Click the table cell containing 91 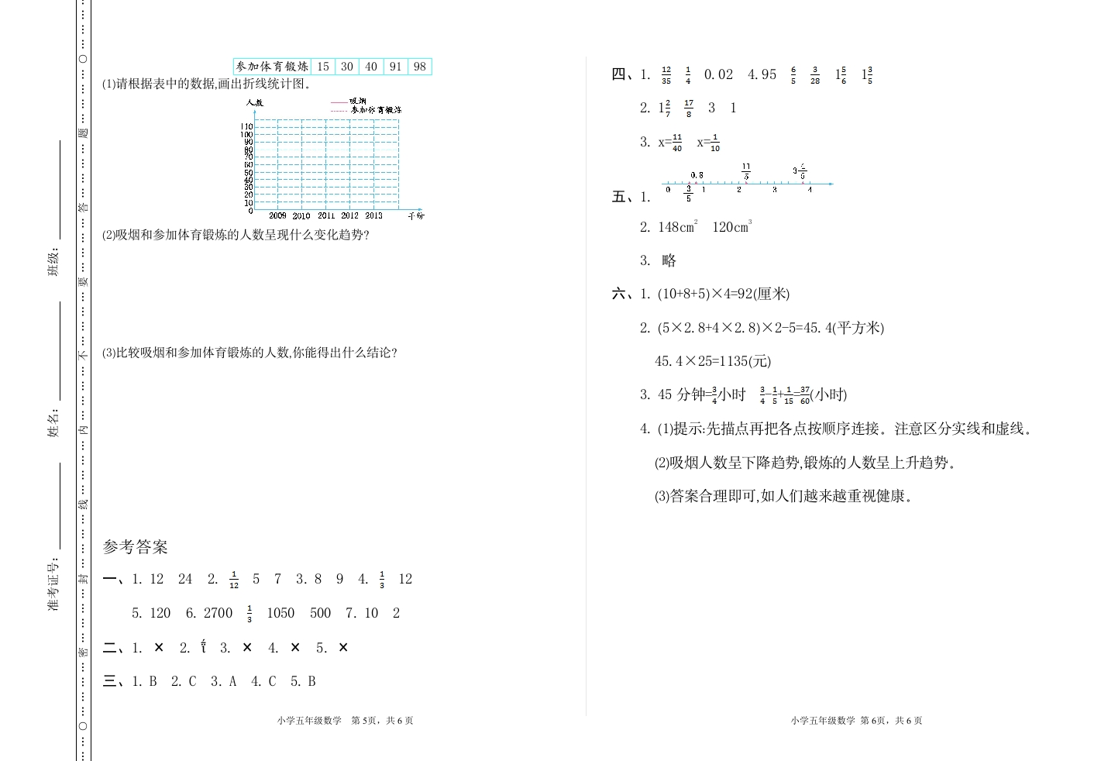[x=395, y=67]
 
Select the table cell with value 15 [x=323, y=67]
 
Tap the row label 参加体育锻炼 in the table [x=272, y=67]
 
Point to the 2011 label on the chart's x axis [x=326, y=215]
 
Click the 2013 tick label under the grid [x=373, y=215]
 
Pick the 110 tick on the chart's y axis [x=246, y=126]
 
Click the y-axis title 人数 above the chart [x=254, y=102]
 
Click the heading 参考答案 [x=135, y=547]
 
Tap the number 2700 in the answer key [x=218, y=613]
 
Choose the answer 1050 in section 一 [x=280, y=613]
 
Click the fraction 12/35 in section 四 [x=666, y=75]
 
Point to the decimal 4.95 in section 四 [x=762, y=74]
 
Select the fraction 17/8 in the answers [x=689, y=108]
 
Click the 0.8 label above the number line [x=697, y=175]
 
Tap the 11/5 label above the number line [x=745, y=171]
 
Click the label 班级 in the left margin [x=53, y=263]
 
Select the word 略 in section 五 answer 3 [x=669, y=260]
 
